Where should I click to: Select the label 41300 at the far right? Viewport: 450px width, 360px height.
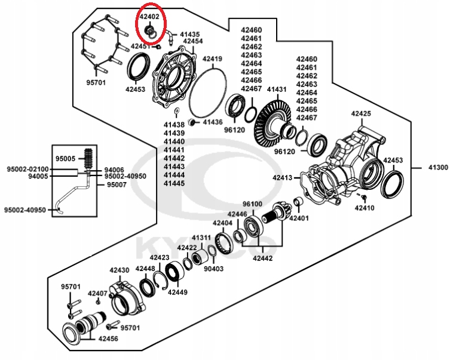(437, 168)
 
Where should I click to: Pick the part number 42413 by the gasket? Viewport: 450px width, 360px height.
(282, 177)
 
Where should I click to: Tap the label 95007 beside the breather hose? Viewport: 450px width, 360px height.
(117, 185)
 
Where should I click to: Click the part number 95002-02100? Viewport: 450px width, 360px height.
(28, 170)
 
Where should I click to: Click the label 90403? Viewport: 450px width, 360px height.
(213, 269)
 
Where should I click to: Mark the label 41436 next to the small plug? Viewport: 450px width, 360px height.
(212, 121)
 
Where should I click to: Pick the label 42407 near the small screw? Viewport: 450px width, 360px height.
(97, 293)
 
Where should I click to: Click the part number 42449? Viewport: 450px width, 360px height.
(177, 293)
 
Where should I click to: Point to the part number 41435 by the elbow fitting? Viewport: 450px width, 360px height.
(189, 35)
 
